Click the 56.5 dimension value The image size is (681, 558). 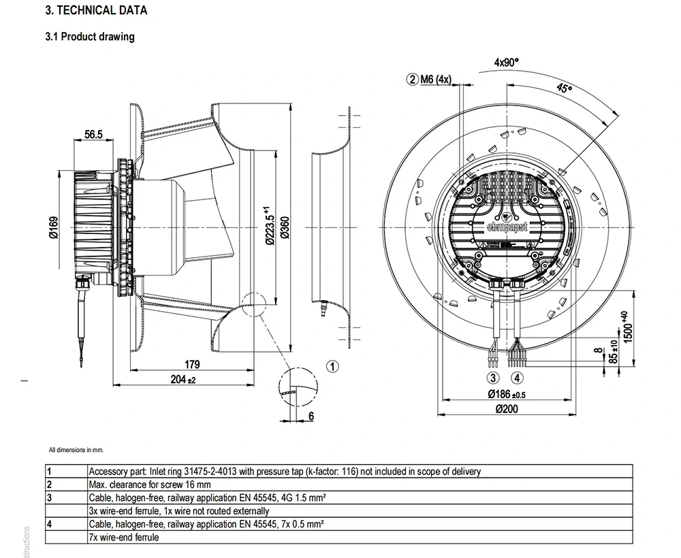point(93,135)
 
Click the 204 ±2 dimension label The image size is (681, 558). point(182,380)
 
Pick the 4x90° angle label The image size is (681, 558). point(506,62)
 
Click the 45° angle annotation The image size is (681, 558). point(563,88)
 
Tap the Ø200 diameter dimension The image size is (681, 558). point(507,409)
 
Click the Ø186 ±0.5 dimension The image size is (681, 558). point(507,395)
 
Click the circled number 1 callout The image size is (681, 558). point(332,367)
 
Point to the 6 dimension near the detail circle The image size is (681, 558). point(311,416)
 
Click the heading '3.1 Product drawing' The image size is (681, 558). point(90,37)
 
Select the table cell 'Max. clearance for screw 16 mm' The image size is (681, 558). point(156,485)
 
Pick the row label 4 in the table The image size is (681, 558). point(49,525)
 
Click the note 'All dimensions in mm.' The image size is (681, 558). point(76,450)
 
